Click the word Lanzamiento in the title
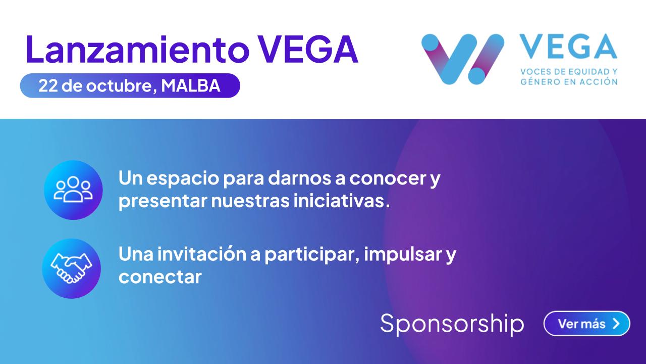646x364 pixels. point(138,49)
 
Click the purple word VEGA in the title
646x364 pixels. point(308,49)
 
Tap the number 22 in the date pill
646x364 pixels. point(48,86)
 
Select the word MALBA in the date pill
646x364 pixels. point(191,85)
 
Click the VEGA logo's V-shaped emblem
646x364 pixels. point(463,59)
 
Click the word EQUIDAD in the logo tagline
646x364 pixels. point(583,72)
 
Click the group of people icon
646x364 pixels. point(73,190)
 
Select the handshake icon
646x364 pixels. point(71,268)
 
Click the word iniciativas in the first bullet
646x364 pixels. point(342,201)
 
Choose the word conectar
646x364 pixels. point(160,278)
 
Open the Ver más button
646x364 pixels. point(586,324)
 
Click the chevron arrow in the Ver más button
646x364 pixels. point(616,324)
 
